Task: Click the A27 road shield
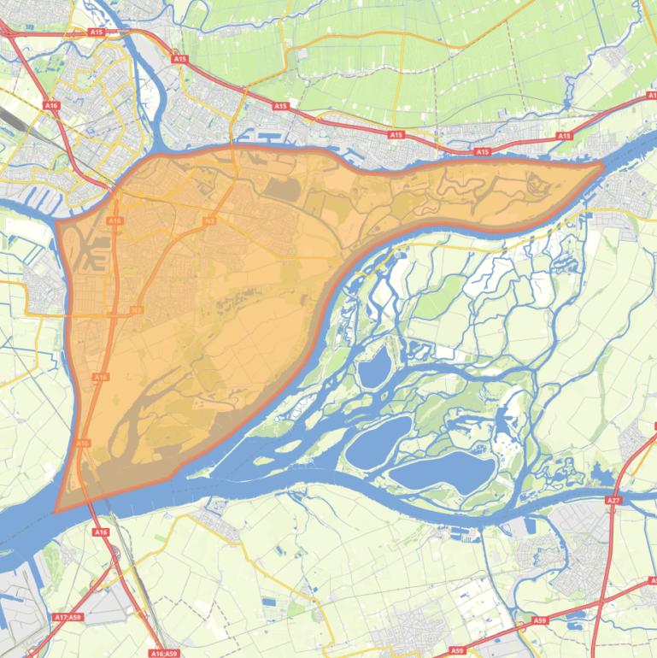point(613,499)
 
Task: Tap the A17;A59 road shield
point(67,617)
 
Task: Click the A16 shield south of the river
point(102,532)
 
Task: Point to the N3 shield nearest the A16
point(137,309)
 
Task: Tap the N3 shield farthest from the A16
point(210,221)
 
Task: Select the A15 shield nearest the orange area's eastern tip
point(564,136)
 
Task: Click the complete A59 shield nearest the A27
point(539,620)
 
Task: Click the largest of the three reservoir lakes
point(443,470)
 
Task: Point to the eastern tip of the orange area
point(603,165)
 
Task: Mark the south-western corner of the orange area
point(56,511)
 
